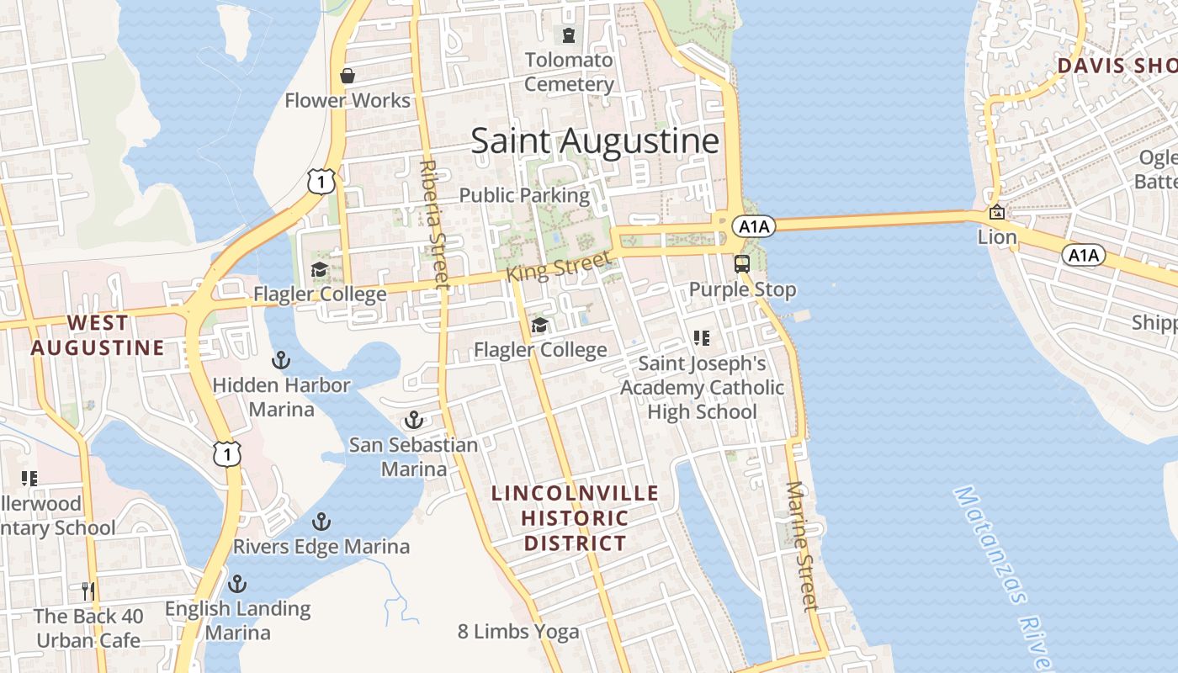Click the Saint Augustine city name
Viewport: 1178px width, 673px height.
pyautogui.click(x=595, y=140)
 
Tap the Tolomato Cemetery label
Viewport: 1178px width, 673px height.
pyautogui.click(x=569, y=72)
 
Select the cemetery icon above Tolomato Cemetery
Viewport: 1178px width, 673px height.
pyautogui.click(x=569, y=35)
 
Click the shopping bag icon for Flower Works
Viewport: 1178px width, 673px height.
pyautogui.click(x=347, y=77)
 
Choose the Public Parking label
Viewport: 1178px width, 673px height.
pyautogui.click(x=524, y=195)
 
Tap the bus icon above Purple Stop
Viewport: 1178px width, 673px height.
pyautogui.click(x=741, y=264)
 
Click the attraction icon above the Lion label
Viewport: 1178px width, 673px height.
pyautogui.click(x=997, y=212)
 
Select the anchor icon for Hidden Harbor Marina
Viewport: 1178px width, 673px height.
pyautogui.click(x=280, y=361)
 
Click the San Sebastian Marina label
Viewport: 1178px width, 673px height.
pyautogui.click(x=414, y=457)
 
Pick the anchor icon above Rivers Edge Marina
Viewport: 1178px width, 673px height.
pyautogui.click(x=321, y=522)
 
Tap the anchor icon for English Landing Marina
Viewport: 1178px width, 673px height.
pyautogui.click(x=238, y=583)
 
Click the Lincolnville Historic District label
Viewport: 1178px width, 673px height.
pyautogui.click(x=576, y=518)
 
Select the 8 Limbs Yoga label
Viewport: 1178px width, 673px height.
pyautogui.click(x=518, y=632)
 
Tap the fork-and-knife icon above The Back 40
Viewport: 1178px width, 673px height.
pyautogui.click(x=88, y=591)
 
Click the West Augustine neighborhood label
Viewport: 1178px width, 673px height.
pyautogui.click(x=98, y=335)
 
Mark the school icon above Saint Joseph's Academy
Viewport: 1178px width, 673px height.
pyautogui.click(x=702, y=338)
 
